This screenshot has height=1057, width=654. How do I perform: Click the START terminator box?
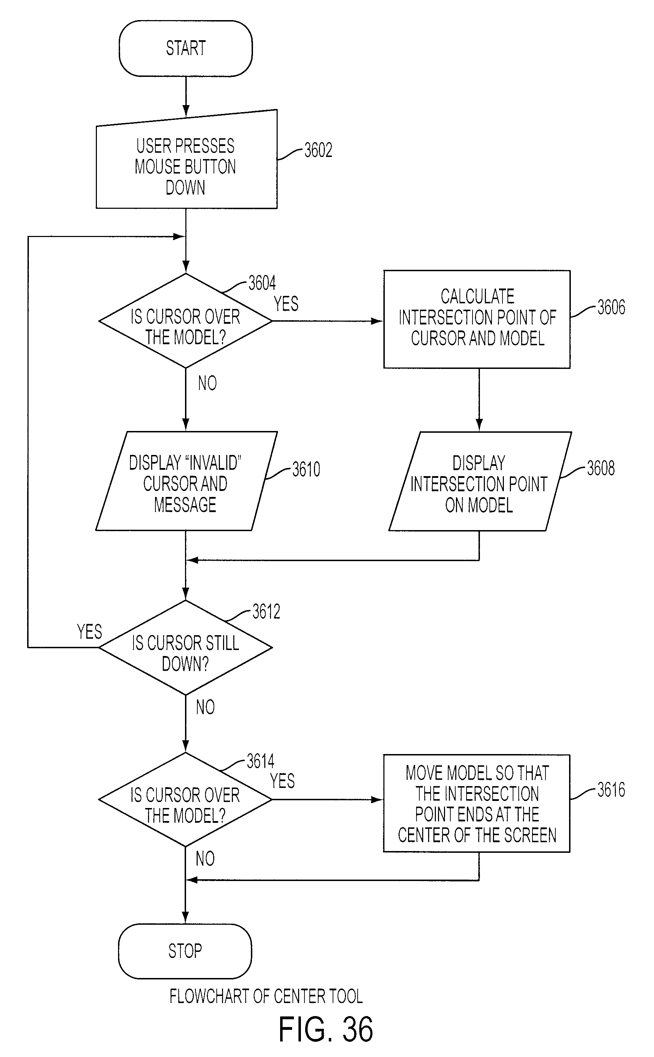point(186,48)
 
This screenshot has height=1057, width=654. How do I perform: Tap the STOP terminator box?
point(185,951)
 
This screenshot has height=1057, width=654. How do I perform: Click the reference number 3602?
point(318,150)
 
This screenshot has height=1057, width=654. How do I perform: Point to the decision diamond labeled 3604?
point(186,321)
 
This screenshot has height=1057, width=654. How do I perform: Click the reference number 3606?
point(611,307)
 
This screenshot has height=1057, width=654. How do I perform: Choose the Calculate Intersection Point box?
point(477,320)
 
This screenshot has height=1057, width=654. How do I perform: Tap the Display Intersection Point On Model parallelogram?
point(480,481)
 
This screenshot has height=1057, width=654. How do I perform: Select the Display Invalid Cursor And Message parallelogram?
point(186,481)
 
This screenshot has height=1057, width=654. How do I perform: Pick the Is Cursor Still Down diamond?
point(186,648)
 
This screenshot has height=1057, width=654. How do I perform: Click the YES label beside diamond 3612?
point(90,632)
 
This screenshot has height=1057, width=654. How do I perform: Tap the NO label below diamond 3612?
point(205,707)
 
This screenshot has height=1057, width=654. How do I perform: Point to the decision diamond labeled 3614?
point(185,800)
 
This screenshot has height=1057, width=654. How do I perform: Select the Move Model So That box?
point(477,804)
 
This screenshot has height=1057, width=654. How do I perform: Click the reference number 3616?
point(611,790)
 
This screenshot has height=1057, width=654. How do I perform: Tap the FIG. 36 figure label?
point(325,1029)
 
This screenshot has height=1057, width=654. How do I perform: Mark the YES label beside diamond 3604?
point(286,304)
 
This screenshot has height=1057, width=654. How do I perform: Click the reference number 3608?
point(601,468)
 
